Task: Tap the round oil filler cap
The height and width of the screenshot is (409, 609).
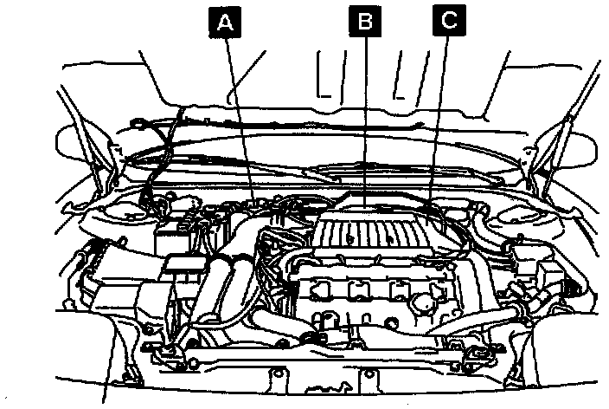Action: [x=426, y=304]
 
